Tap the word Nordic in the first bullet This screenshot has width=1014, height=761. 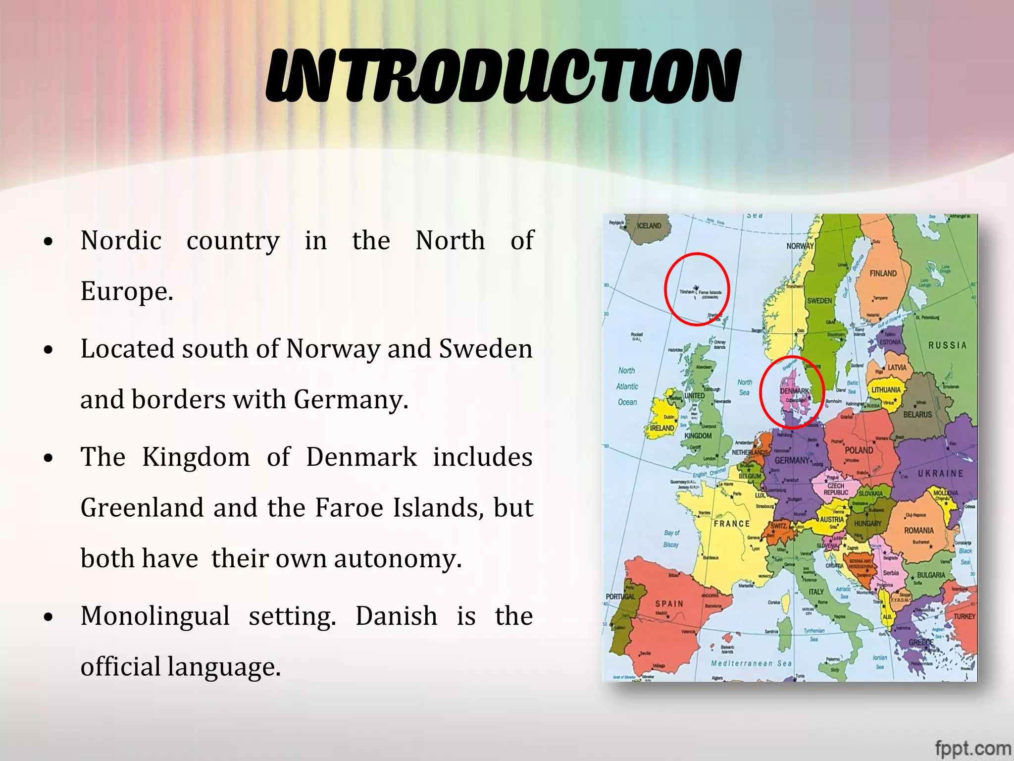(x=121, y=241)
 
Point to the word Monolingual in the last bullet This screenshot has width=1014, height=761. (x=155, y=616)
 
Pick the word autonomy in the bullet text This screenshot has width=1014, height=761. (x=397, y=559)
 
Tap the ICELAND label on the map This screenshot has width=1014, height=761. (x=649, y=226)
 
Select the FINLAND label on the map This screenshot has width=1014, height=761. (x=883, y=273)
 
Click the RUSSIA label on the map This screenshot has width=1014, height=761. (x=947, y=345)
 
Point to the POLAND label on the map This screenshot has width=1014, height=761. (x=859, y=450)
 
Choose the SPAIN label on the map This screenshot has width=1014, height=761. (x=669, y=604)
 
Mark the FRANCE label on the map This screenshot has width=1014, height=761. (x=731, y=524)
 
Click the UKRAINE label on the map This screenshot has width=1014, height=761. (x=940, y=474)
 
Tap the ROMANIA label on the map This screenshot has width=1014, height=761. (x=918, y=531)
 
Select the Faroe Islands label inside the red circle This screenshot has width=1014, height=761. (x=710, y=293)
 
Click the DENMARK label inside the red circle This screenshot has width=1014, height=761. (x=794, y=391)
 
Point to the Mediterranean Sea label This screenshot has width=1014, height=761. (x=751, y=663)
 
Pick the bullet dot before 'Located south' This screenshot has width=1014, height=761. (x=48, y=350)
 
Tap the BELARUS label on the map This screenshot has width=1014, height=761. (x=917, y=415)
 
